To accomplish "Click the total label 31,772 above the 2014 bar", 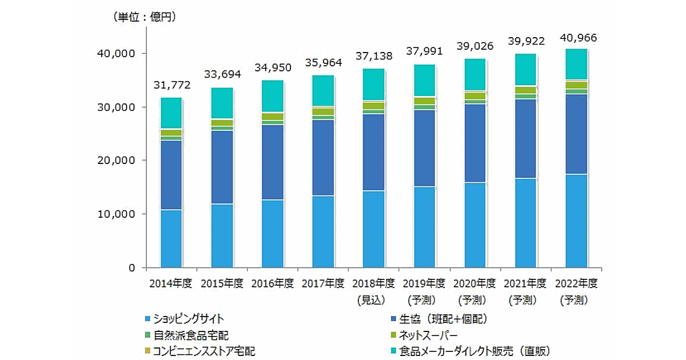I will (171, 86).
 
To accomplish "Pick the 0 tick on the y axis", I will (131, 267).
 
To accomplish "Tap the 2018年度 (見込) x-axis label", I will (374, 291).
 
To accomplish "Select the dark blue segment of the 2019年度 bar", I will (424, 149).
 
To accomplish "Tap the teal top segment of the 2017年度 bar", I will (323, 90).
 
